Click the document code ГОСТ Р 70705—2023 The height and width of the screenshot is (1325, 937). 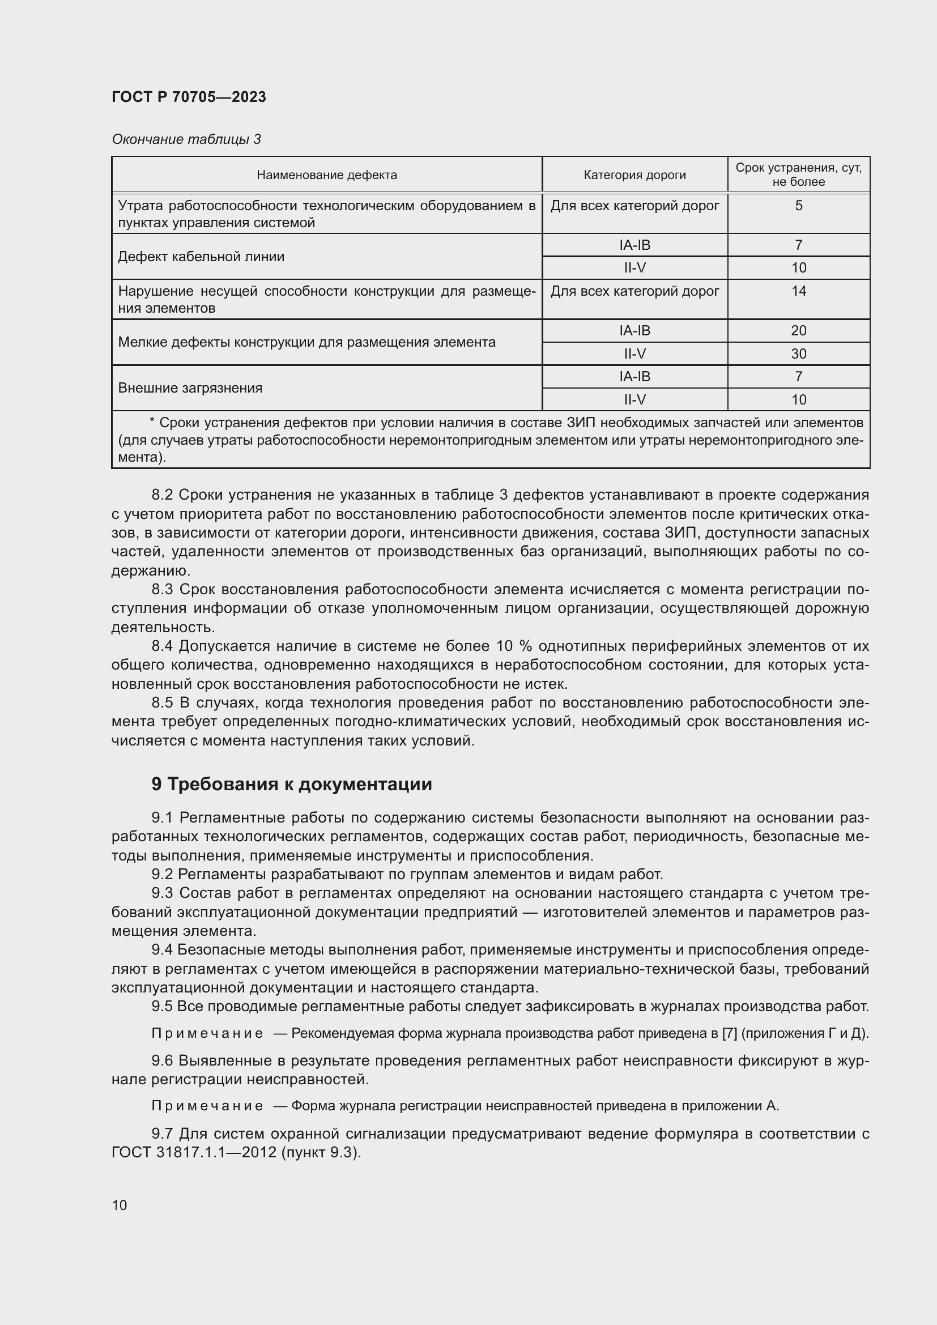coord(189,97)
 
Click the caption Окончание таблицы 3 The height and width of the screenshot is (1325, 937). coord(186,139)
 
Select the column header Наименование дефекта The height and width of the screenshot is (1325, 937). coord(326,175)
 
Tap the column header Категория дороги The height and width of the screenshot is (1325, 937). coord(634,175)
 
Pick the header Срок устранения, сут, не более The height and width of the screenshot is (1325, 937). coord(798,174)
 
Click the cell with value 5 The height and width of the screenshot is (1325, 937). coord(799,206)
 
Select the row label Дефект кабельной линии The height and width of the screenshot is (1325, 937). coord(201,256)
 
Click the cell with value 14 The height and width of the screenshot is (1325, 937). coord(799,291)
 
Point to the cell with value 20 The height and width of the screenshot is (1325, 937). coord(799,331)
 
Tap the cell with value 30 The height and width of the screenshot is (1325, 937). coord(799,353)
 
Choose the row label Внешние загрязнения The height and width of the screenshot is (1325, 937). coord(190,388)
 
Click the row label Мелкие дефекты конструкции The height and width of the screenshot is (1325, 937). coord(306,342)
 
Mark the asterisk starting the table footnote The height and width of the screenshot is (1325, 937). coord(152,422)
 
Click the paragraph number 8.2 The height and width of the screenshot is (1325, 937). coord(162,495)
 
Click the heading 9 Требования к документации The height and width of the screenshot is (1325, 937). coord(291,784)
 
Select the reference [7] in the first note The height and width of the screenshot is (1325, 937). coord(730,1034)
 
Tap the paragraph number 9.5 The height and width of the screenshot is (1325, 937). coord(162,1007)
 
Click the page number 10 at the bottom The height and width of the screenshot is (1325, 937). coord(120,1205)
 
